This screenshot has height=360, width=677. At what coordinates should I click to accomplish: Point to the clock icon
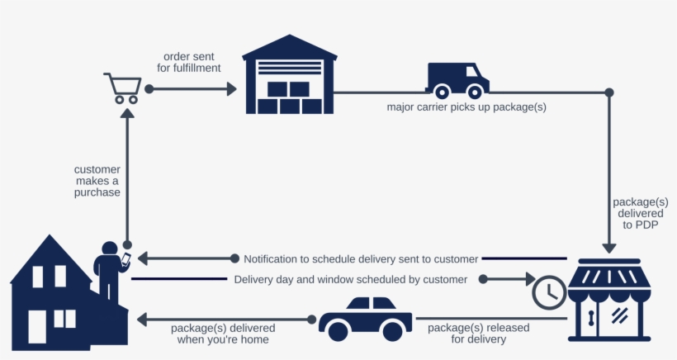coord(549,291)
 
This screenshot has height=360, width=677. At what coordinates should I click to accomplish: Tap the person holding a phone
coord(109,268)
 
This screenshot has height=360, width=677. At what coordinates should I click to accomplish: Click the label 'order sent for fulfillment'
coord(192,62)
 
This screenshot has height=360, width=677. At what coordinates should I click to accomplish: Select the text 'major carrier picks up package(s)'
coord(466,107)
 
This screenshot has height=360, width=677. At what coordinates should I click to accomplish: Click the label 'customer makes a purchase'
coord(97,181)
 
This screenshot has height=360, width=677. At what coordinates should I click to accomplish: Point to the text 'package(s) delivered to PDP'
coord(640,213)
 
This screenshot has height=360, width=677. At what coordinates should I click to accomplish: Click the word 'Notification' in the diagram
coord(273,258)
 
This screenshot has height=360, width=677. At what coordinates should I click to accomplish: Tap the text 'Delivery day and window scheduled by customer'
coord(350,279)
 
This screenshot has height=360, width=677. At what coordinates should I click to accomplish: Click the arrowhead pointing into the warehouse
coord(231,88)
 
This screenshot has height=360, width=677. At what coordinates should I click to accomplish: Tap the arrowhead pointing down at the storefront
coord(610,246)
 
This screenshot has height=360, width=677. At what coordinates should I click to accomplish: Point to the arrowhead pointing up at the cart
coord(127,115)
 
